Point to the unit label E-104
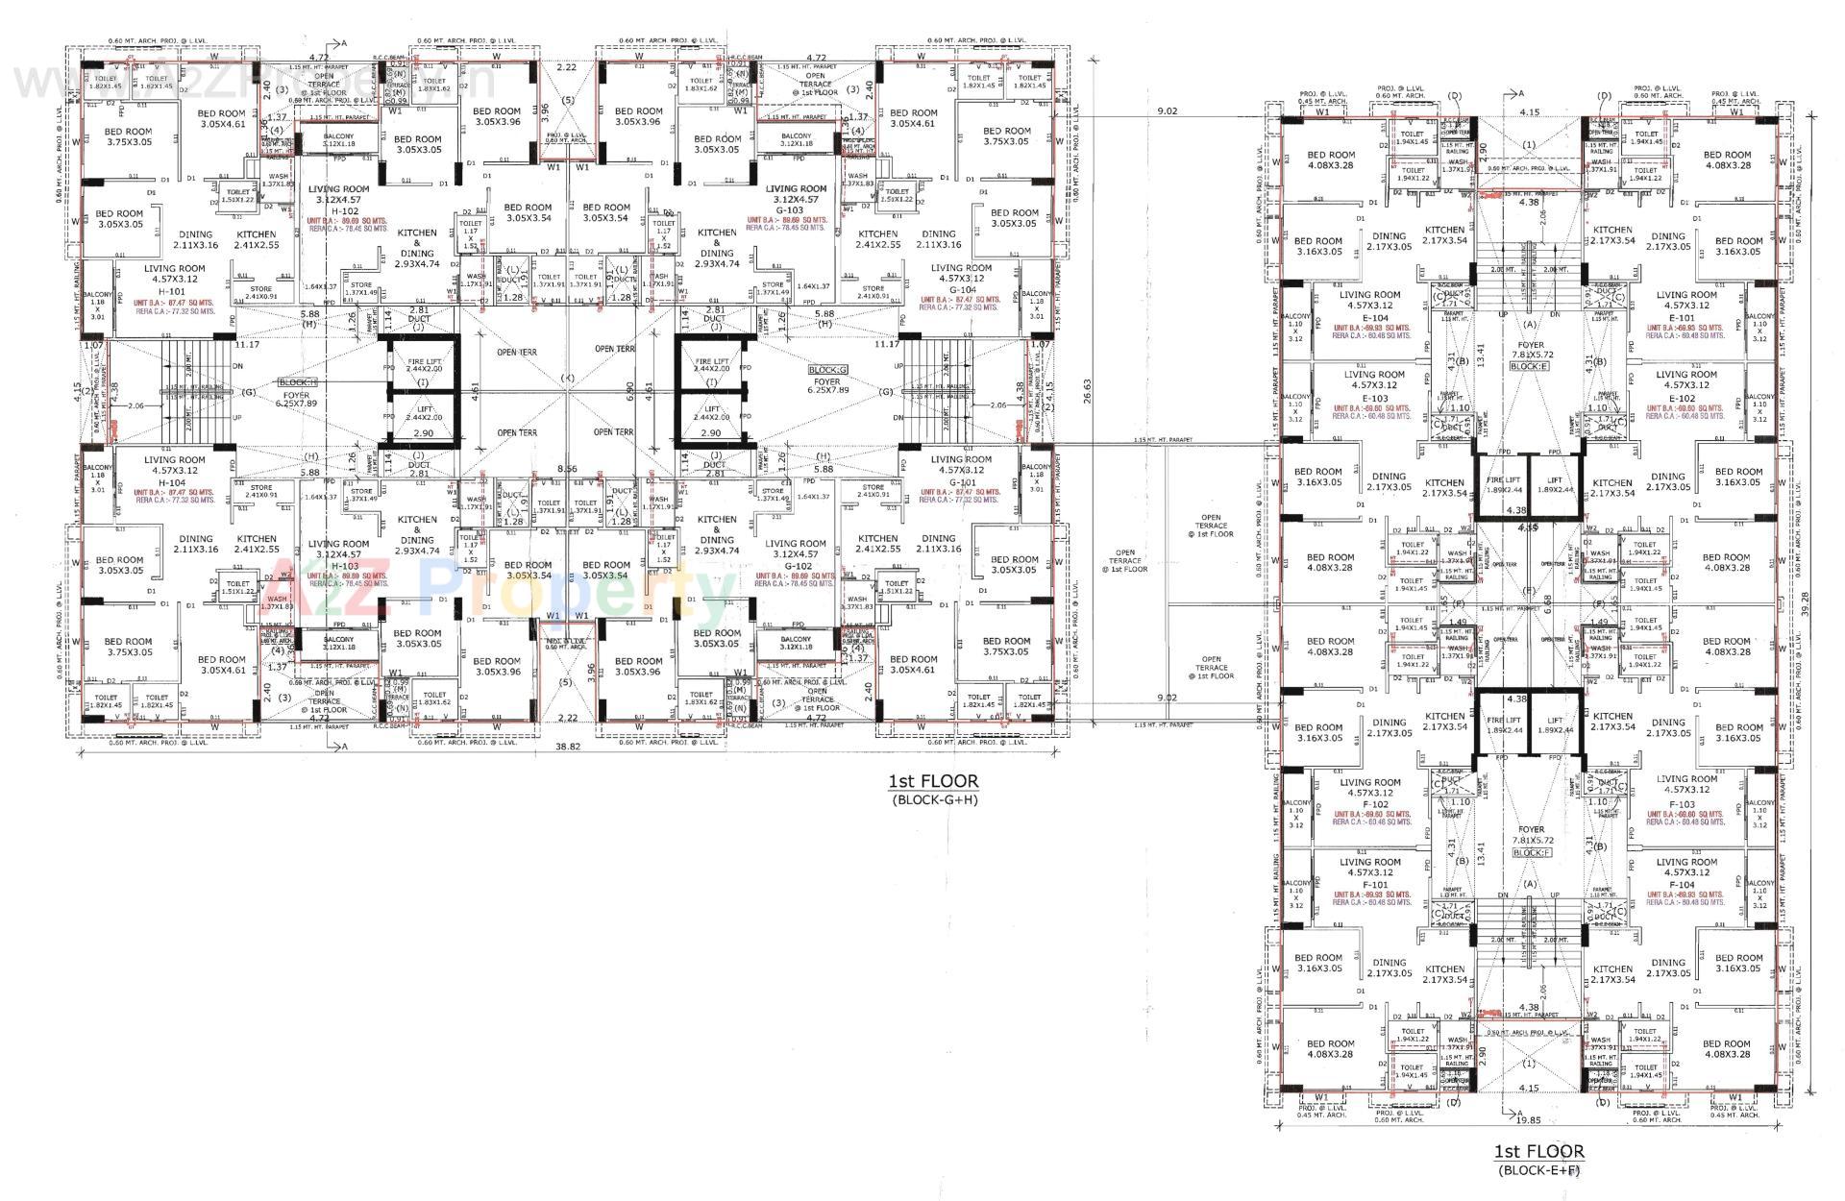click(1375, 317)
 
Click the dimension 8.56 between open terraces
click(568, 468)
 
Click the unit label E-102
click(1684, 398)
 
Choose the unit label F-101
click(1375, 884)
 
